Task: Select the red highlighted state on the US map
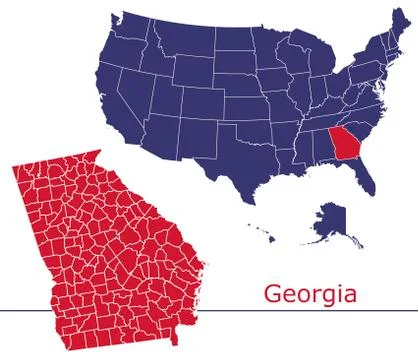(347, 145)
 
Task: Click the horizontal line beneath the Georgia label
(300, 311)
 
